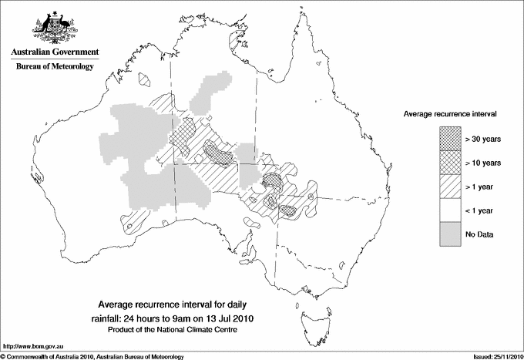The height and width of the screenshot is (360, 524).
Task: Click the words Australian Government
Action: click(54, 52)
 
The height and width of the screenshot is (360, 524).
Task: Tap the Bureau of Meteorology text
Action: click(54, 67)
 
